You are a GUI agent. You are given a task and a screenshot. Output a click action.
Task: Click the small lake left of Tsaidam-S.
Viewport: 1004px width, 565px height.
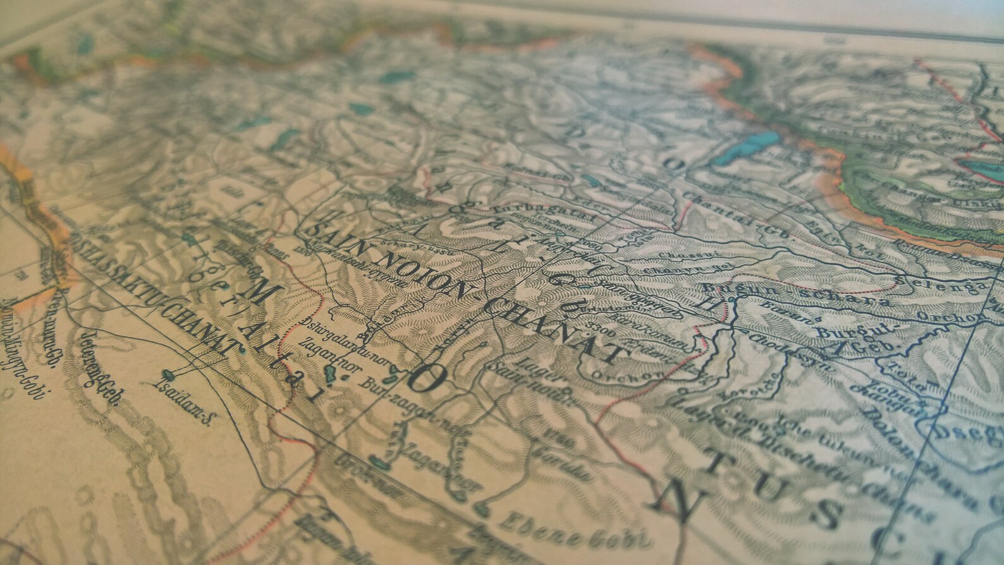(168, 373)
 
